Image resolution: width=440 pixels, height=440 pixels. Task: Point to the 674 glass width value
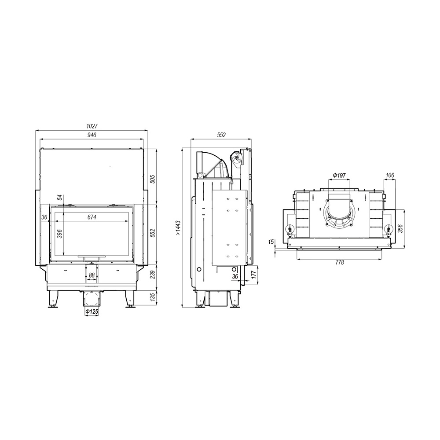click(92, 217)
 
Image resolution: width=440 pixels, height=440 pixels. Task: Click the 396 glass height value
click(59, 234)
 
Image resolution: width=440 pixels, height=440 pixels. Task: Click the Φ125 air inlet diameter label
click(92, 312)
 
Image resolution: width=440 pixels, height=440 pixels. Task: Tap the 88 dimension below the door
click(92, 275)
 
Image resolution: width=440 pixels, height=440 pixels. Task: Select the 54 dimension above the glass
click(59, 198)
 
